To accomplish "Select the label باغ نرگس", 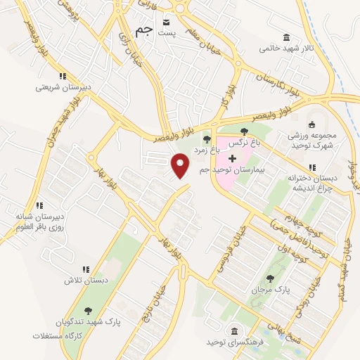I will [x=244, y=141].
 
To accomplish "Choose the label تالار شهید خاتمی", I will [x=285, y=49].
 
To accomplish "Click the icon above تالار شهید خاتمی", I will [x=285, y=37].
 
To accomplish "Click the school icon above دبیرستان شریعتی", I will [x=63, y=77].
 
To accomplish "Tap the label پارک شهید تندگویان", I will [x=88, y=322].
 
